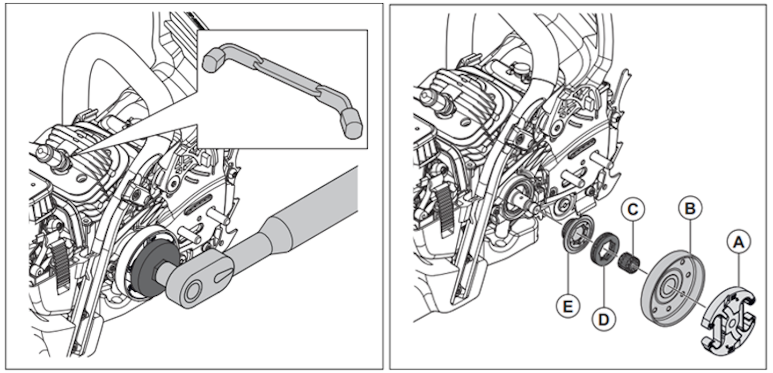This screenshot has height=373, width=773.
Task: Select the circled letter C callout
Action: click(633, 210)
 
